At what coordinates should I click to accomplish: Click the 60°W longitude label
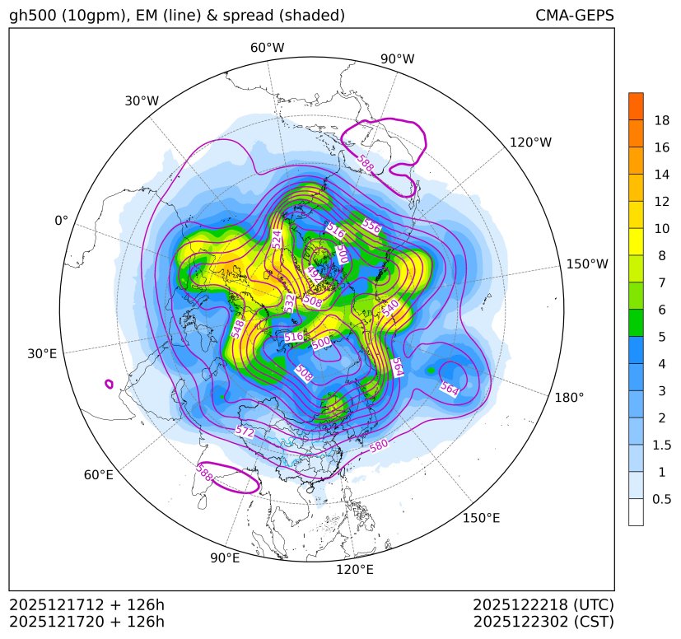[267, 48]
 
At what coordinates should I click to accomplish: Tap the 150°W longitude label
[587, 264]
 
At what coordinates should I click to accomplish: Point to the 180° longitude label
[569, 397]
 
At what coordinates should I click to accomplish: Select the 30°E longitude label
[42, 354]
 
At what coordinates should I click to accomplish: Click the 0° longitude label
[61, 221]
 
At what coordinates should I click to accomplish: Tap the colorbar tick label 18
[661, 120]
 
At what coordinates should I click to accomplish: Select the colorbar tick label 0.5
[661, 499]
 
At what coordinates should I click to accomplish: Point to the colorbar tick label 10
[661, 229]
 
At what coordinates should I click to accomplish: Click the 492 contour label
[314, 273]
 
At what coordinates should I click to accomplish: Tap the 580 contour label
[378, 446]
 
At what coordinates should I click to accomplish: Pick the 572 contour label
[245, 431]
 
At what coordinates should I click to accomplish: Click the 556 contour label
[371, 226]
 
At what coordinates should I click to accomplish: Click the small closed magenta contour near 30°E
[109, 384]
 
